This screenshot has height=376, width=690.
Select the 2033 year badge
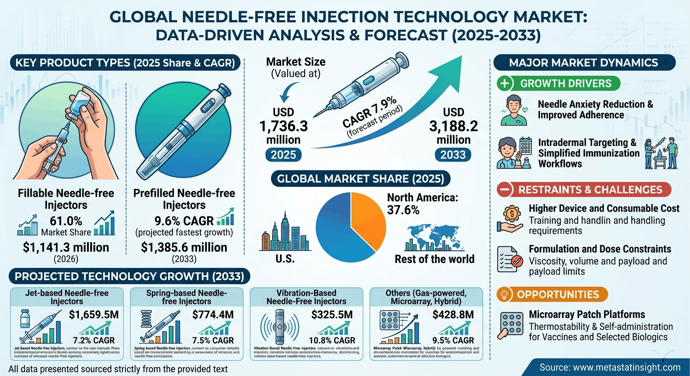point(453,155)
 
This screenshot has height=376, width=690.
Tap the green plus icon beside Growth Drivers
point(506,83)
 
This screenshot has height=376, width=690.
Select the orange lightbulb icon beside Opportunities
point(506,295)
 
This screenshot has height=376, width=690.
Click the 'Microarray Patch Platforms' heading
point(587,314)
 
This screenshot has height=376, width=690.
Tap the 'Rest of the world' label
point(435,258)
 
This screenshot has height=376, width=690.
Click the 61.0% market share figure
point(66,221)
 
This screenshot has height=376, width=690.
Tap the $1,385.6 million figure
point(184,248)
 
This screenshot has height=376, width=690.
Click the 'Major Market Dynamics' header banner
point(583,63)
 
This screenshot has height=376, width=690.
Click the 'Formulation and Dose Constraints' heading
point(600,249)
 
